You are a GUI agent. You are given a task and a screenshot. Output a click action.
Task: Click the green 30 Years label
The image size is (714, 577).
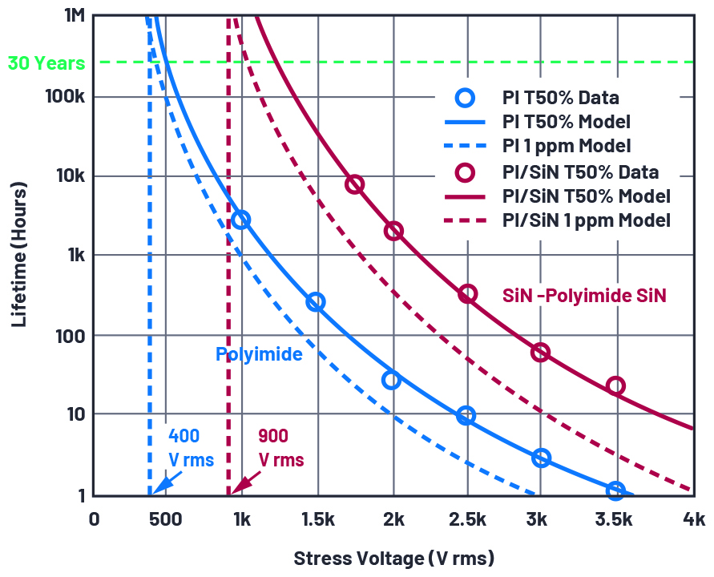point(46,62)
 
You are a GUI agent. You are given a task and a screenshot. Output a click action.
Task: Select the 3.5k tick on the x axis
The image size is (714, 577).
point(615,519)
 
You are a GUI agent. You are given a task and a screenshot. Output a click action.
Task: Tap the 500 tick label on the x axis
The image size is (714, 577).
point(165,519)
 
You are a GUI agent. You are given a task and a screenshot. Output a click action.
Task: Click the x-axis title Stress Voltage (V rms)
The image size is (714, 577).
point(393,558)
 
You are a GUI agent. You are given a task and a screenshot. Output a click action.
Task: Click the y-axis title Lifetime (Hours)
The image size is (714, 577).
point(19,255)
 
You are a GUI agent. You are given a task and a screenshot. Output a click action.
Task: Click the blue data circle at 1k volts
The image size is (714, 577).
point(240,220)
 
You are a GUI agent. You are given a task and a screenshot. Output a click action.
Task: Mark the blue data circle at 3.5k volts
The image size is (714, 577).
point(615,490)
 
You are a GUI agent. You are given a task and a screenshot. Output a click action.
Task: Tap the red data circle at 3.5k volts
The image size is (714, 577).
point(615,386)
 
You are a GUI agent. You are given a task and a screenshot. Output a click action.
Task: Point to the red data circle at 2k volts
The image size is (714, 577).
point(393,231)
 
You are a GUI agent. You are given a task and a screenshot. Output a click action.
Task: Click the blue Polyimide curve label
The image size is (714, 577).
point(259,353)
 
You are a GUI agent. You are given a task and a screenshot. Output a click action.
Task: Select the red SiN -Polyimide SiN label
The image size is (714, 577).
point(584,296)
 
